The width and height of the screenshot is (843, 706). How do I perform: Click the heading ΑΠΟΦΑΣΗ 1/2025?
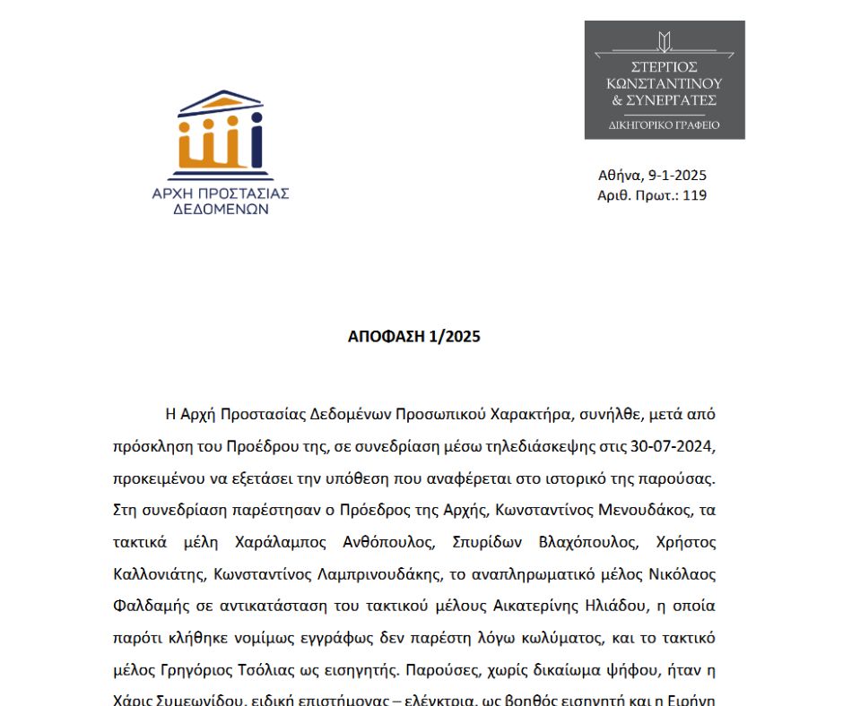(414, 337)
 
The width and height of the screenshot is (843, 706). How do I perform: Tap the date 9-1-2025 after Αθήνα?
(675, 176)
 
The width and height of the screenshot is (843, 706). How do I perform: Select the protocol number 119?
(694, 194)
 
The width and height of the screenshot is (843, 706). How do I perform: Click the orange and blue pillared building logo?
(220, 129)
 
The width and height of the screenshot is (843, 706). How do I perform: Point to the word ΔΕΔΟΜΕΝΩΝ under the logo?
(221, 209)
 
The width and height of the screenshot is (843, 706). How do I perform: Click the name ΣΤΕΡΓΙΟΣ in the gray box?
(665, 67)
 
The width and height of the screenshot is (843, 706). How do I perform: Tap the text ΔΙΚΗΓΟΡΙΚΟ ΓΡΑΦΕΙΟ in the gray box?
(665, 125)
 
